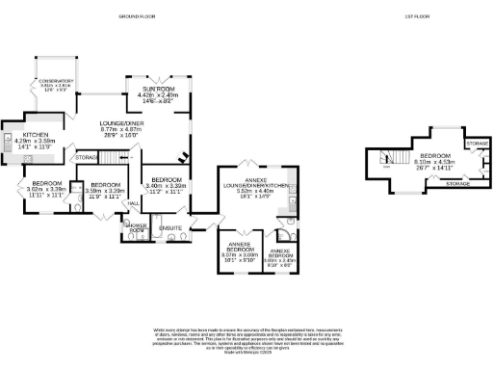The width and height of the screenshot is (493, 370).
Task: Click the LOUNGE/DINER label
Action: coord(122,124)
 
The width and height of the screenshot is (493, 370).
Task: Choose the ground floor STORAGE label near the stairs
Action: coord(87,156)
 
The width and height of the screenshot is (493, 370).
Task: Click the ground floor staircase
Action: coord(179,153)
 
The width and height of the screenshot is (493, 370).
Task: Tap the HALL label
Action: coord(134,204)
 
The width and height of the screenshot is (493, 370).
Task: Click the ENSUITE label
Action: coord(171,227)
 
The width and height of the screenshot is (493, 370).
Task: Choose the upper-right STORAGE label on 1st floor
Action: coord(475,143)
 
